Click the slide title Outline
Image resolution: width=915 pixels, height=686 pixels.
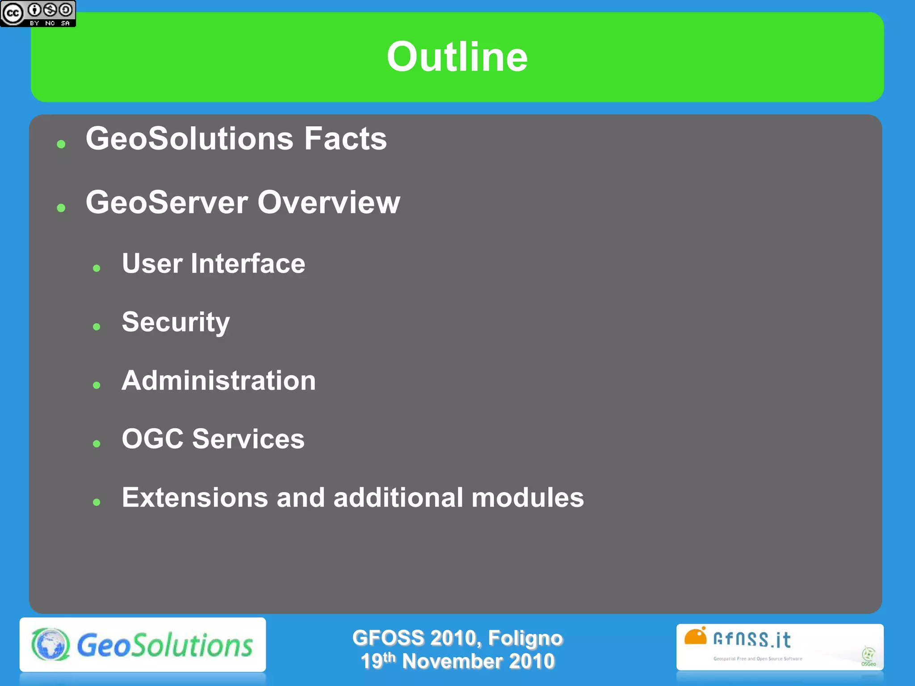[457, 57]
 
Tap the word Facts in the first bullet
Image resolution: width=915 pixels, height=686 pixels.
[345, 138]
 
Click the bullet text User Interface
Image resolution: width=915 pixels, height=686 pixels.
[214, 263]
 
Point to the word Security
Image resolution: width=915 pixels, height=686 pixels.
[176, 322]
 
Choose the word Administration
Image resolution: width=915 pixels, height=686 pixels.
[218, 381]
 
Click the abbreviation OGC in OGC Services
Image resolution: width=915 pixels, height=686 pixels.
[152, 439]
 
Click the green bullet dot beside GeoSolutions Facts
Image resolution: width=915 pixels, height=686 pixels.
[61, 144]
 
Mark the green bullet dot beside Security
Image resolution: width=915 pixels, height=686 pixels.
[97, 327]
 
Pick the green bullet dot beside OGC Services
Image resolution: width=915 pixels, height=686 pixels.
[97, 443]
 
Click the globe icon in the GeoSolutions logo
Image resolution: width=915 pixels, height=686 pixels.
[50, 644]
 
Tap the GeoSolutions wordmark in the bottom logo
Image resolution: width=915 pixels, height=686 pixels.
[165, 645]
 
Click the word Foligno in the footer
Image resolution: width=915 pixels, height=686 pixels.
[525, 638]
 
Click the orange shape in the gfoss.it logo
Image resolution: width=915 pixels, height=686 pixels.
[695, 637]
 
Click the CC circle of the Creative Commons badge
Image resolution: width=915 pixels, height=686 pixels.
[13, 13]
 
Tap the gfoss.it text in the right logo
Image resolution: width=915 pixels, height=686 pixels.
[752, 640]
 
